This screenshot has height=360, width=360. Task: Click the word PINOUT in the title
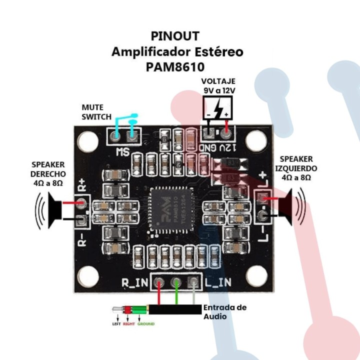[x=175, y=36]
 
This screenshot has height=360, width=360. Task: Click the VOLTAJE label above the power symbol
[x=218, y=81]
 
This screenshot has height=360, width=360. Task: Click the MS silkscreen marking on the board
[x=122, y=151]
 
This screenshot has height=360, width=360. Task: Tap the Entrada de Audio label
[x=224, y=312]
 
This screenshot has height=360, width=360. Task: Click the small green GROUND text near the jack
[x=145, y=324]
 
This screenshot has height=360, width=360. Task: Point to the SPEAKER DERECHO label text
[x=48, y=173]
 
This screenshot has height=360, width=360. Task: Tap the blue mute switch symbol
[x=125, y=124]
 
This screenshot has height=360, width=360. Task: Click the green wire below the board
[x=176, y=295]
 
